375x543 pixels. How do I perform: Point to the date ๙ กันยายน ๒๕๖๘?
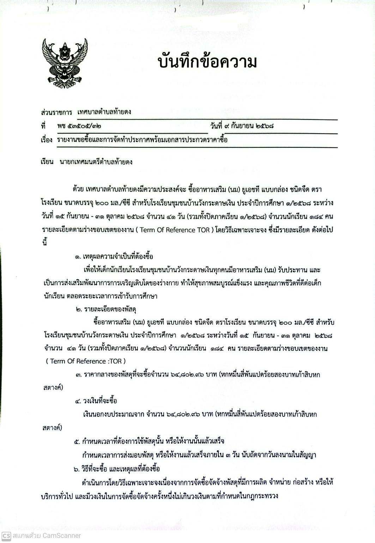coord(252,126)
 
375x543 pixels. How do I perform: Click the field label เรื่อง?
coord(47,140)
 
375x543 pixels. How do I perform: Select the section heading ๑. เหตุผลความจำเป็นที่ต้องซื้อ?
coord(114,256)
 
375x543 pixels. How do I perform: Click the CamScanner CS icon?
coord(6,535)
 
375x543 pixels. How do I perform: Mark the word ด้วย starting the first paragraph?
coord(78,190)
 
